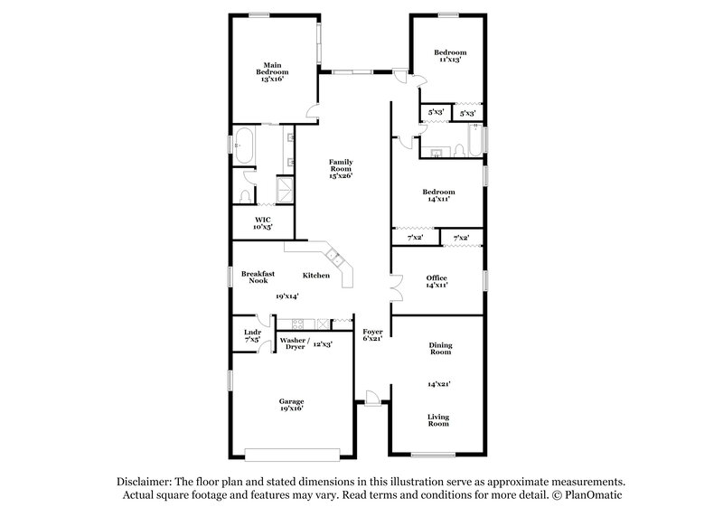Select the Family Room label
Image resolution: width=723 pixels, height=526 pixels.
tap(340, 165)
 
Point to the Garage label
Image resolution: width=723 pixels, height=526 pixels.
tap(291, 401)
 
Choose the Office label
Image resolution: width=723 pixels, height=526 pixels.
tap(437, 277)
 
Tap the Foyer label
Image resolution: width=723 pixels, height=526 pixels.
tap(372, 332)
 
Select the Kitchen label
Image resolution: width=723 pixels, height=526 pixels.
tap(315, 275)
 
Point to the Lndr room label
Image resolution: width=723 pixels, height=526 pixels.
tap(252, 332)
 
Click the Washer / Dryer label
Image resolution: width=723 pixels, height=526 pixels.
tap(295, 344)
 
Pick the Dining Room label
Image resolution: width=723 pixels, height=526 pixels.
tap(440, 349)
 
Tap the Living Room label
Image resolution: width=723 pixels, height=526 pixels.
tap(438, 419)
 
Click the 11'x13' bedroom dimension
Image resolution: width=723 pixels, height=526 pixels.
tap(450, 61)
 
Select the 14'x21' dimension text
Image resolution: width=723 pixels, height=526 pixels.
tap(439, 384)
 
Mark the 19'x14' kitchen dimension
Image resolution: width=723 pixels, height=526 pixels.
tap(287, 296)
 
